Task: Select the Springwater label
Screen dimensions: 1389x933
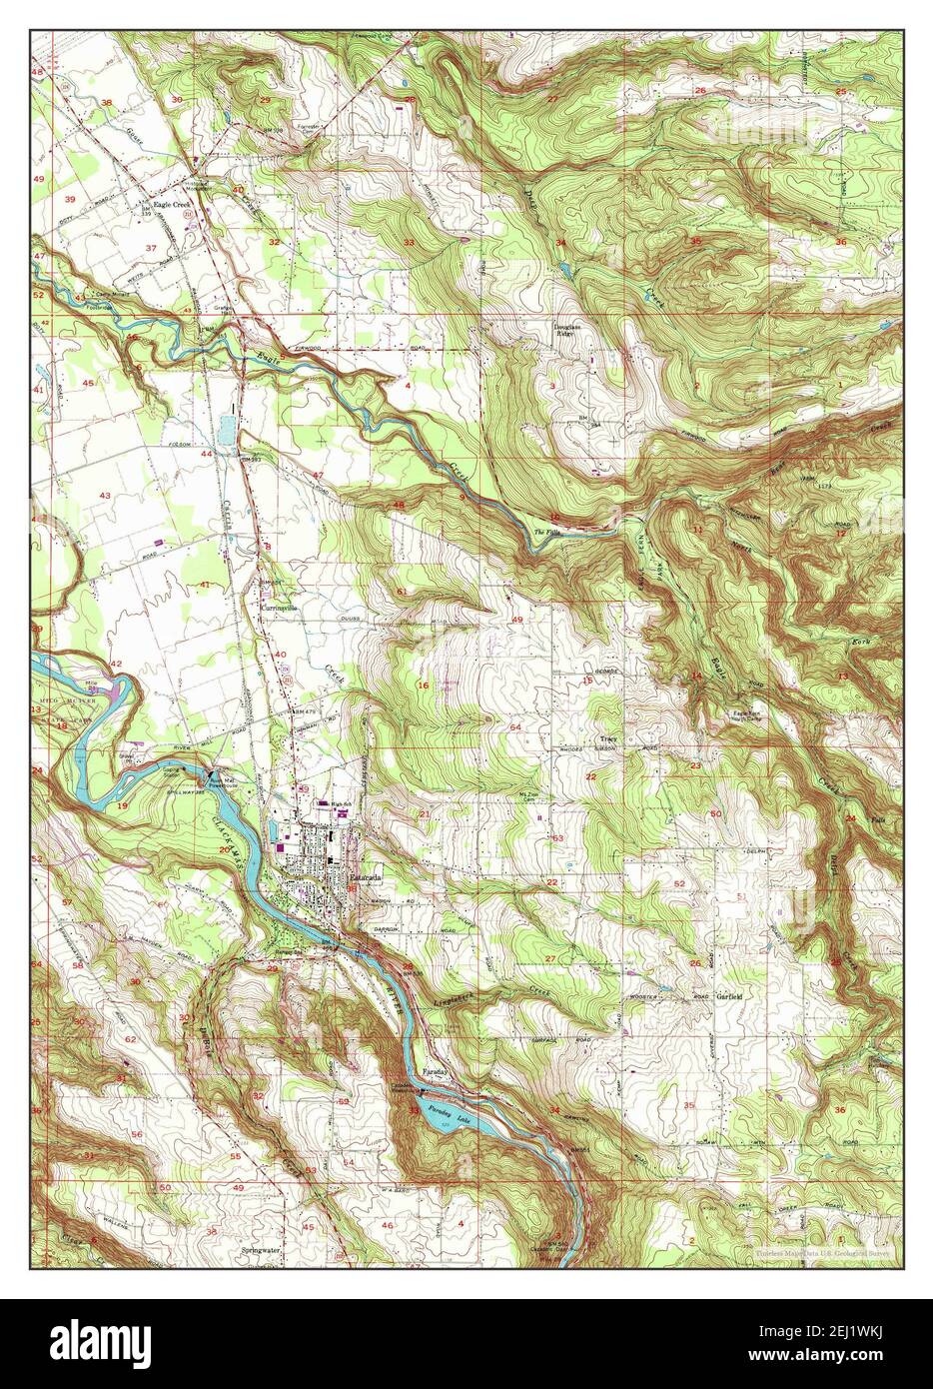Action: [263, 1249]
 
